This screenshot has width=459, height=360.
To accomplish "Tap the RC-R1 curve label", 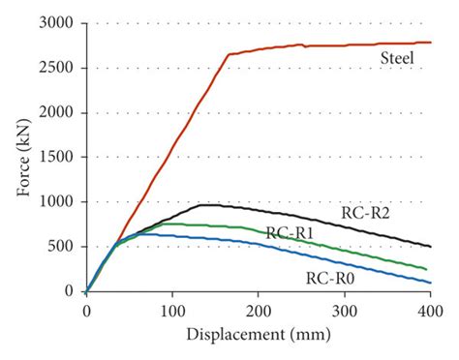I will click(x=290, y=233).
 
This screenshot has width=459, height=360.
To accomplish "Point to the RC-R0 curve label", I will click(x=329, y=278).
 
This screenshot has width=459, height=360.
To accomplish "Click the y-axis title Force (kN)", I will click(x=20, y=156).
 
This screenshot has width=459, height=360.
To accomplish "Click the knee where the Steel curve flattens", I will click(x=229, y=55).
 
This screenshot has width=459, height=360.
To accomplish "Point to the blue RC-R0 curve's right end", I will click(x=430, y=282).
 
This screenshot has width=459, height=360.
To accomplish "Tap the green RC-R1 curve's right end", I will click(x=428, y=269).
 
